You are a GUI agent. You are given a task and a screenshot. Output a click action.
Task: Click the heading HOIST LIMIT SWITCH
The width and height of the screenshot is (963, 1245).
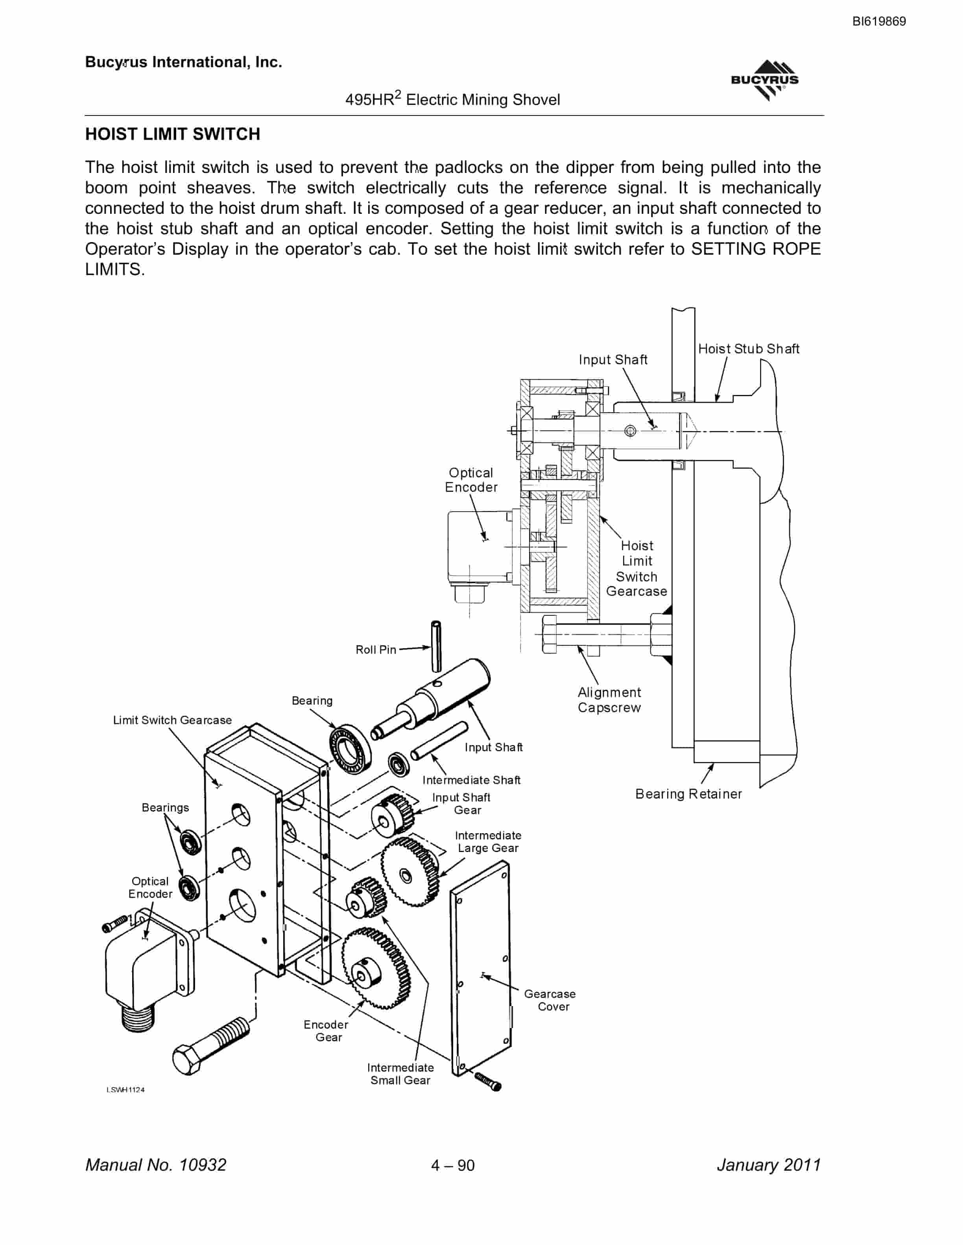172,134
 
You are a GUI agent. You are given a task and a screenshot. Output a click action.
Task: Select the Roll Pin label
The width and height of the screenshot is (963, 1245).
375,650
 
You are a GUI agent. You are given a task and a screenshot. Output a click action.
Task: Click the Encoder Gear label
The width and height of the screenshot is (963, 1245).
326,1031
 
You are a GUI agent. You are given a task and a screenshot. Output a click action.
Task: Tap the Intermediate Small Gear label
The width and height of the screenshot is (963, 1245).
400,1074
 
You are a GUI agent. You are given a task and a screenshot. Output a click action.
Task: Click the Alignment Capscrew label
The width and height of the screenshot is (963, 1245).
609,700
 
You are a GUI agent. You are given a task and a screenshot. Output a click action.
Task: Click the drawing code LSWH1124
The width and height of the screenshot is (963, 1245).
125,1089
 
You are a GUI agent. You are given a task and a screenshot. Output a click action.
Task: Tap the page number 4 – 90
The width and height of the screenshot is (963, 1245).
453,1165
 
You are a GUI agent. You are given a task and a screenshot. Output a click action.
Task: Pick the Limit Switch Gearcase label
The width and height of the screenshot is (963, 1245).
172,720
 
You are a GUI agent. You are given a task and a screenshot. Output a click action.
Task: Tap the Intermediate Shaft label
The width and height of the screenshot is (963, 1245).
471,780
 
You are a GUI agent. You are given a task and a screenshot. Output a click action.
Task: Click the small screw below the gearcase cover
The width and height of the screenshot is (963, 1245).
488,1080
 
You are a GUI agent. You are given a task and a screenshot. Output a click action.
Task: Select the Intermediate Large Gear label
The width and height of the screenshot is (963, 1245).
488,841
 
